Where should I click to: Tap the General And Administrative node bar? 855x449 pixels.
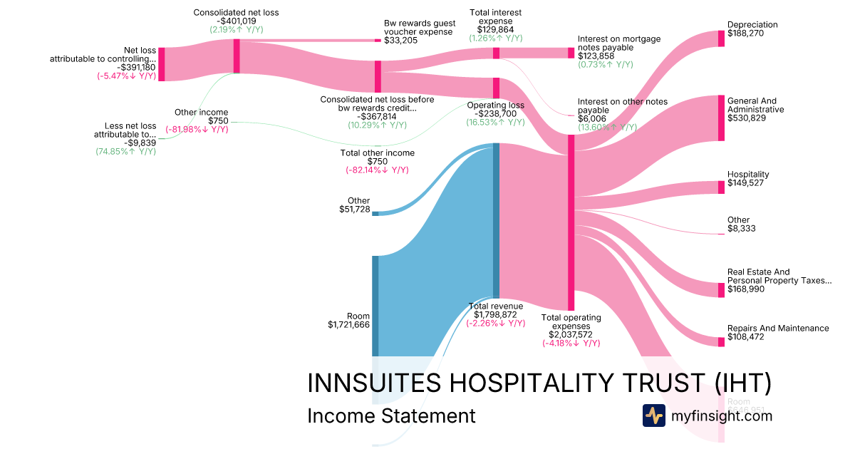point(721,118)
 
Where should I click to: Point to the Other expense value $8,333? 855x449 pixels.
point(741,229)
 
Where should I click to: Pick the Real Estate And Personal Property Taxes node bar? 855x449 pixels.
point(721,289)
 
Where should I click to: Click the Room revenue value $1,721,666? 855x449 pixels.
point(348,325)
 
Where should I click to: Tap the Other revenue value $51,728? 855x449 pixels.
point(354,210)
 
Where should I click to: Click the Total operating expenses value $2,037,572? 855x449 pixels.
point(571,334)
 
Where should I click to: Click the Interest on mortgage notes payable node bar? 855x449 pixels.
point(571,53)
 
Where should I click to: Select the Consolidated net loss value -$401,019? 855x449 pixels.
point(236,21)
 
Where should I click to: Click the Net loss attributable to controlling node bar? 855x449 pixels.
point(161,64)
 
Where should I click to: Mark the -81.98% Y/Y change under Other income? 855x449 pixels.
point(197,130)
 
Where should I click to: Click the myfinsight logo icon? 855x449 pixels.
point(653,416)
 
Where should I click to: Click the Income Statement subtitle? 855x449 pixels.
point(390,416)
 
